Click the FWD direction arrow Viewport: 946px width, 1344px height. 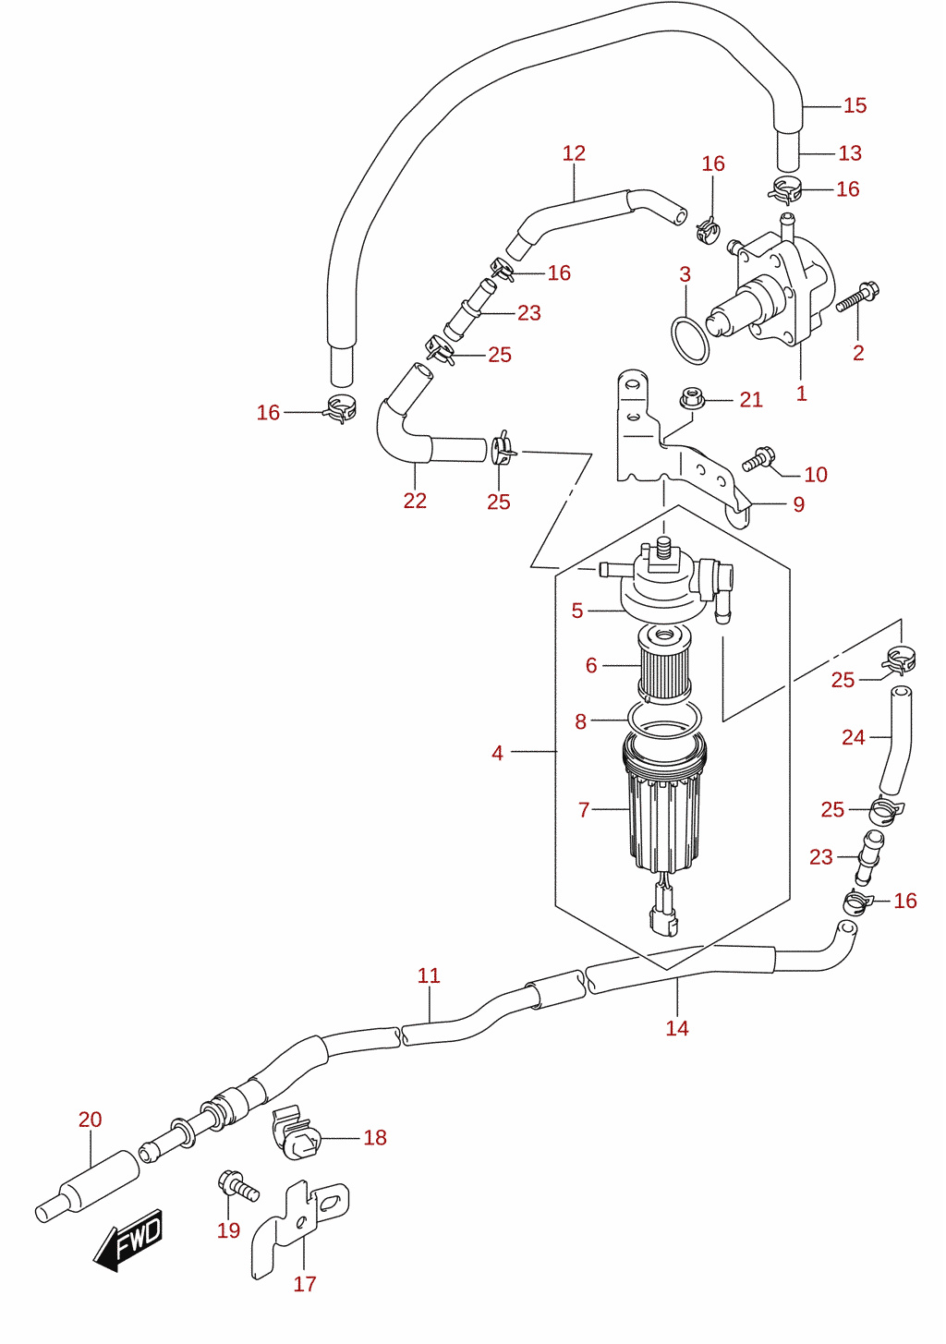pos(127,1241)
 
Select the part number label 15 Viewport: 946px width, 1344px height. pos(855,105)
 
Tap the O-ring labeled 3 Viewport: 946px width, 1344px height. pos(690,341)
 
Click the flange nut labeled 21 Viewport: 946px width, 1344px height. pos(692,398)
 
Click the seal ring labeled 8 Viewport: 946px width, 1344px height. pos(664,720)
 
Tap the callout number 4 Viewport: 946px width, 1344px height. pos(497,753)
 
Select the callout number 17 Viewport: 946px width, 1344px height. pos(304,1283)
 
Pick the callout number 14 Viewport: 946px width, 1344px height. pos(676,1028)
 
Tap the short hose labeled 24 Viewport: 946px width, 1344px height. pos(895,741)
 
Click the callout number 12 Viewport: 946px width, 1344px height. pos(574,153)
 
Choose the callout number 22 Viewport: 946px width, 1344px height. pos(415,501)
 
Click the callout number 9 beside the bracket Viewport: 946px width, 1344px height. pos(798,504)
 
